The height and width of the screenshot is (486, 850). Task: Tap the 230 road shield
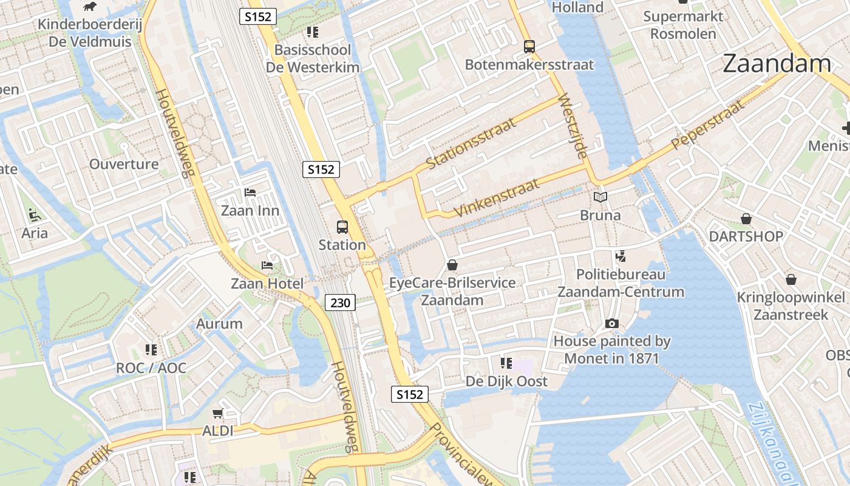click(339, 302)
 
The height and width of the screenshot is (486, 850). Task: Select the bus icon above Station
click(342, 227)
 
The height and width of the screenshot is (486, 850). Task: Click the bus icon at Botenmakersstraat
click(529, 46)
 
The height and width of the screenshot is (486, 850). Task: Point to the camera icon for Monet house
click(611, 324)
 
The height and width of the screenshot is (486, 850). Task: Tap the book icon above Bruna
click(600, 197)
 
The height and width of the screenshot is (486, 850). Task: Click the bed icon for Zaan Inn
click(250, 193)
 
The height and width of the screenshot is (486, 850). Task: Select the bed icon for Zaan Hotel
click(267, 265)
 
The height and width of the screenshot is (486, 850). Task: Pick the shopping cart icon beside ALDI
click(217, 414)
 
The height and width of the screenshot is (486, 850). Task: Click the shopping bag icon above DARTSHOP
click(746, 219)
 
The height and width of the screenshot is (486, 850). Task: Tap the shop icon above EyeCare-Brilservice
click(452, 265)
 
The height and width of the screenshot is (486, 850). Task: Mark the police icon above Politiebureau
click(620, 256)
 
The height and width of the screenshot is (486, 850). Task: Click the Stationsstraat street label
click(471, 143)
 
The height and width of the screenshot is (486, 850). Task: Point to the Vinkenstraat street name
click(496, 198)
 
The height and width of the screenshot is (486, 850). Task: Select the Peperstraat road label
click(707, 126)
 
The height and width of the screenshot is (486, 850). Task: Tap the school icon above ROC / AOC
click(151, 350)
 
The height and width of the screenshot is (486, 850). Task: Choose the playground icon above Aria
click(34, 214)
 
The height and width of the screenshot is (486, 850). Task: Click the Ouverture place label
click(124, 164)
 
